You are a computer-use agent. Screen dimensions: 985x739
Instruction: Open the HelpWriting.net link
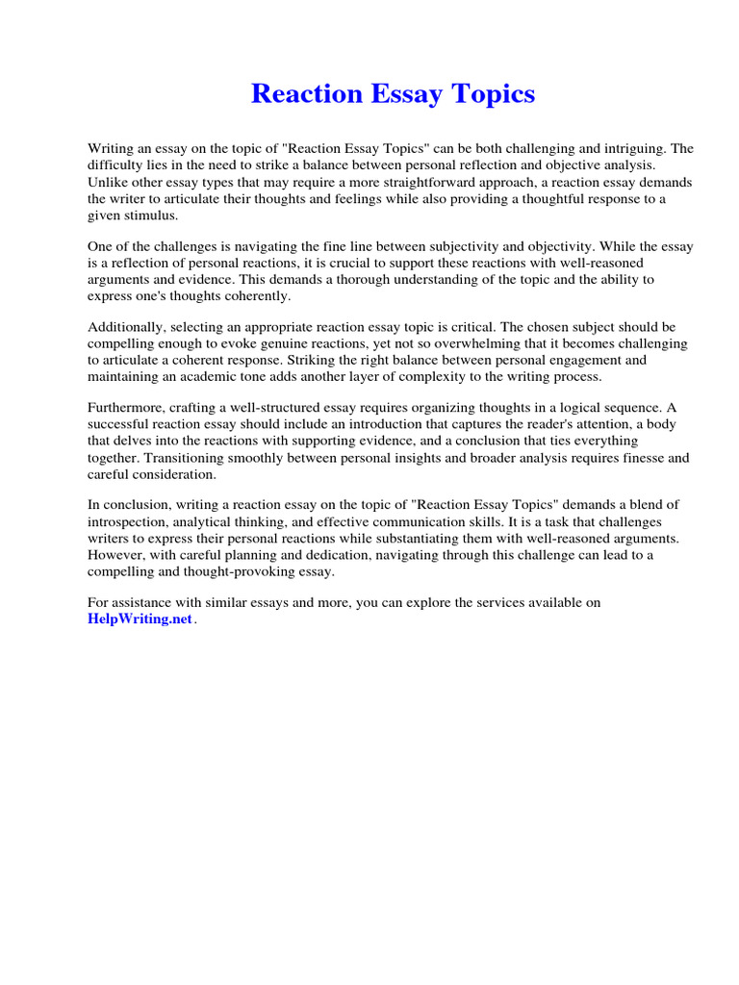(x=140, y=619)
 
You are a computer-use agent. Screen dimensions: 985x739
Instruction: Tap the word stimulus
(x=151, y=215)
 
